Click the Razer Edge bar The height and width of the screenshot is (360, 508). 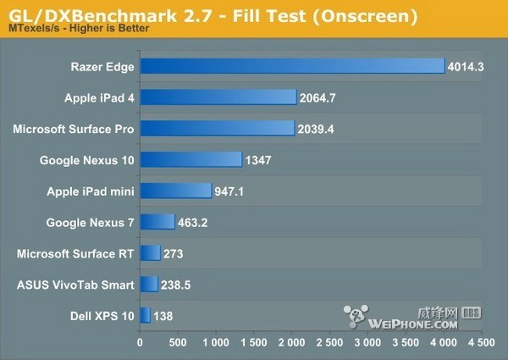click(x=292, y=66)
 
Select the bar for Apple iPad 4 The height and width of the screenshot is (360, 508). click(x=218, y=97)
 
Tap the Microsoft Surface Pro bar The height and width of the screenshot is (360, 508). click(x=217, y=129)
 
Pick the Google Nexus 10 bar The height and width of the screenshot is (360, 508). click(x=190, y=159)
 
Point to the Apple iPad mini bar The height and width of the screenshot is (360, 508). click(x=175, y=191)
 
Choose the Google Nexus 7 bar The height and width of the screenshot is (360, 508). click(x=157, y=222)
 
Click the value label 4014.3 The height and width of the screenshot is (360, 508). click(x=467, y=66)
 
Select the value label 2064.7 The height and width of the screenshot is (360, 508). click(x=318, y=97)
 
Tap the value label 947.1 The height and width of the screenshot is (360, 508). click(x=230, y=191)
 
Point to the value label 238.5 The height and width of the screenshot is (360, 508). click(x=179, y=284)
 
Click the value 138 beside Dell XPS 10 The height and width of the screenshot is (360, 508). click(x=163, y=315)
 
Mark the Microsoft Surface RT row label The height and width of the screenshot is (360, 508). click(x=75, y=252)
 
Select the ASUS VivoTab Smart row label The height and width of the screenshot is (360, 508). click(x=75, y=284)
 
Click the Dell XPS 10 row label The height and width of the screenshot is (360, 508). click(x=104, y=315)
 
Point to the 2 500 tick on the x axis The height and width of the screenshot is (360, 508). click(x=329, y=343)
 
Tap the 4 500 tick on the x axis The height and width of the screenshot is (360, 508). click(x=482, y=343)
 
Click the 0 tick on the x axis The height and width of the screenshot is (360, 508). click(x=140, y=343)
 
